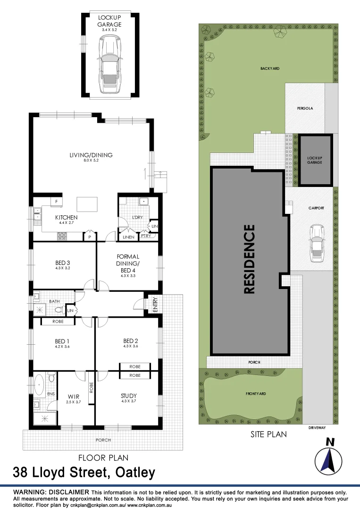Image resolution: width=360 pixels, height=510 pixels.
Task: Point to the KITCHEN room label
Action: coord(66,218)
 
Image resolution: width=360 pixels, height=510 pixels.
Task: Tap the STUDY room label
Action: coord(128,396)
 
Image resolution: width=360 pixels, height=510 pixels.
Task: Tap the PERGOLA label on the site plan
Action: coord(305,108)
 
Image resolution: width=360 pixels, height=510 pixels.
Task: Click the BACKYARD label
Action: coord(270,68)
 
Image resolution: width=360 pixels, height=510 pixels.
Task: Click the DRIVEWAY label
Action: coord(317,428)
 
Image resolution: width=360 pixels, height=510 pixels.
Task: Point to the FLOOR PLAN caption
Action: coord(103,458)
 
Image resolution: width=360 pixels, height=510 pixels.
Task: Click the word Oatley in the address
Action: coord(134,473)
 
